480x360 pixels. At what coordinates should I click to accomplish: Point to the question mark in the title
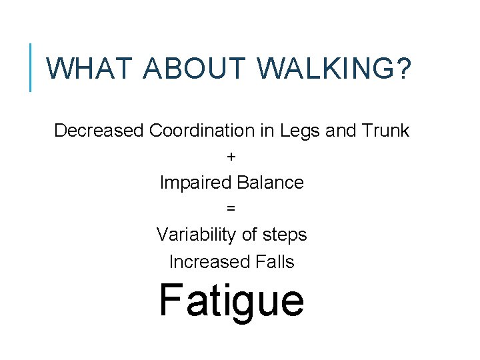click(x=403, y=68)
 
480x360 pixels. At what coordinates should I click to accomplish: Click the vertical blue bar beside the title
click(x=31, y=67)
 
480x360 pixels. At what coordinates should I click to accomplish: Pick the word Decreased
click(x=99, y=131)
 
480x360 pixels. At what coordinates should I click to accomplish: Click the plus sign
click(x=231, y=157)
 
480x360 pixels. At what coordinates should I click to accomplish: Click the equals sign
click(x=231, y=209)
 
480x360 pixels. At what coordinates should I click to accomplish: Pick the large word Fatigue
click(x=231, y=301)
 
